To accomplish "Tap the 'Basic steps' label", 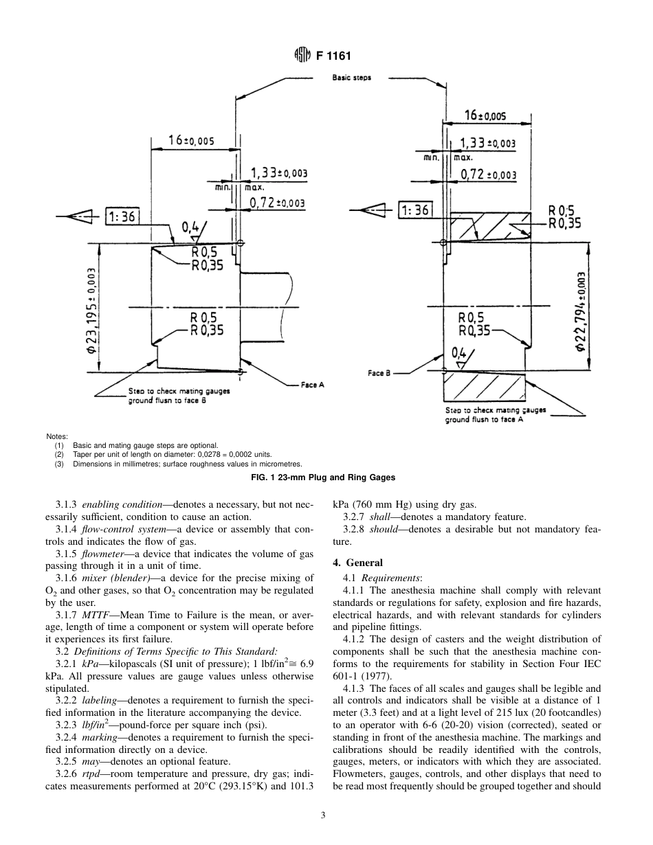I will (x=351, y=78).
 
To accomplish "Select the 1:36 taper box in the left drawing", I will (x=122, y=216).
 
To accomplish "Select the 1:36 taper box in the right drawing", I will (x=414, y=210).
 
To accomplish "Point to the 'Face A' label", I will (x=313, y=385).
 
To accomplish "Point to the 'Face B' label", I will (x=379, y=373).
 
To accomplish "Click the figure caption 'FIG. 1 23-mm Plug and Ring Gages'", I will (x=326, y=477).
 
